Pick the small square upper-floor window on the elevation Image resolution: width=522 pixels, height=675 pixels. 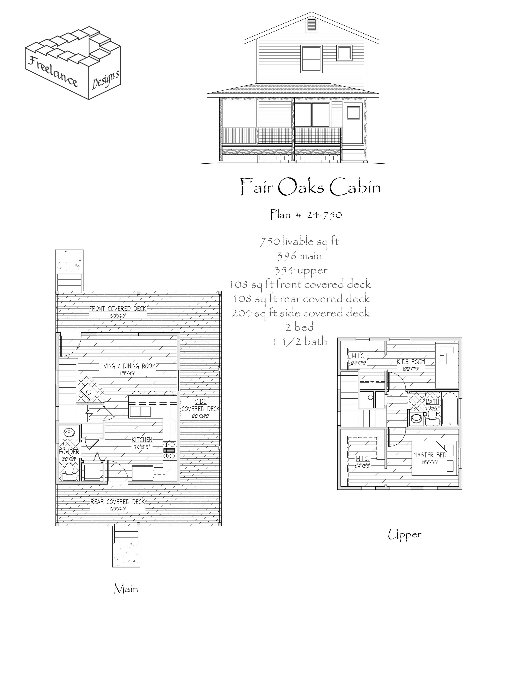[x=345, y=53]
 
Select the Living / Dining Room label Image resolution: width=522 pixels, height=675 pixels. [x=127, y=366]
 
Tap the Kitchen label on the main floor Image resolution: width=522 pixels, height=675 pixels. [x=142, y=439]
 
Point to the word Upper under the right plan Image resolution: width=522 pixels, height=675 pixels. [x=404, y=535]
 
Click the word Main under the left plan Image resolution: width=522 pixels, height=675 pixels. [x=126, y=589]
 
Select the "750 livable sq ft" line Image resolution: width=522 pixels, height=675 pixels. [x=299, y=241]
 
